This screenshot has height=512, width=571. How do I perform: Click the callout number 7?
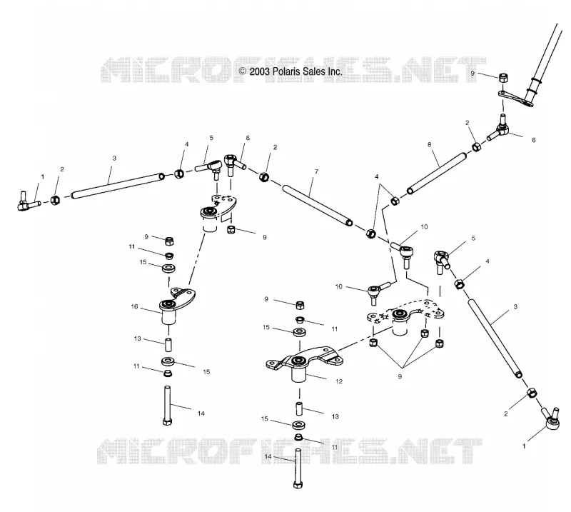pyautogui.click(x=316, y=171)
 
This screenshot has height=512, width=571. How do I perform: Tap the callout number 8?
pyautogui.click(x=430, y=144)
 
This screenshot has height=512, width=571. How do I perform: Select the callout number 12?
pyautogui.click(x=339, y=381)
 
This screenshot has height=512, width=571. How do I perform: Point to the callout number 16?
pyautogui.click(x=134, y=306)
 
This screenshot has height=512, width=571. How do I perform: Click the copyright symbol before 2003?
pyautogui.click(x=243, y=71)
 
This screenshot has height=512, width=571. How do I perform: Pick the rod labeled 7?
pyautogui.click(x=318, y=206)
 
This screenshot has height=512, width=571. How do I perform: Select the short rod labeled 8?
pyautogui.click(x=437, y=173)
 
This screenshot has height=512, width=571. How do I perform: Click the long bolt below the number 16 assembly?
pyautogui.click(x=168, y=405)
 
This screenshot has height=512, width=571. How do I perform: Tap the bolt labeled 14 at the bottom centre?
pyautogui.click(x=298, y=469)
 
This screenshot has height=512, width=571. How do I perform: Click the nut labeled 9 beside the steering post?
pyautogui.click(x=503, y=78)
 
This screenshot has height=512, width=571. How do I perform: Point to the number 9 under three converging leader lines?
pyautogui.click(x=400, y=376)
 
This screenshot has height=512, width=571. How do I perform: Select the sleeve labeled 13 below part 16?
pyautogui.click(x=168, y=345)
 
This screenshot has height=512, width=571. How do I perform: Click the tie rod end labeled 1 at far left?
pyautogui.click(x=28, y=201)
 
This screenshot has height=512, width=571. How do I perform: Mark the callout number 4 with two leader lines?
pyautogui.click(x=377, y=176)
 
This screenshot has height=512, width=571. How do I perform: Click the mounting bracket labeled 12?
pyautogui.click(x=304, y=362)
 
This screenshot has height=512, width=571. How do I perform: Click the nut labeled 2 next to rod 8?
pyautogui.click(x=476, y=146)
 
